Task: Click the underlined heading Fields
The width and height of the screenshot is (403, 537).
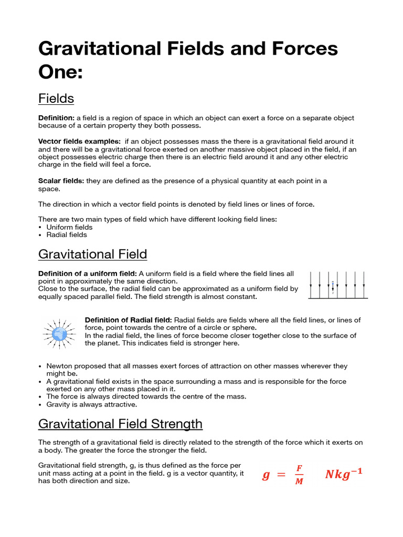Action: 56,98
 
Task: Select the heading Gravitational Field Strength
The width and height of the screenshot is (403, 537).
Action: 120,423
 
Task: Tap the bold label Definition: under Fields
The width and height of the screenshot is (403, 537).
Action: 57,118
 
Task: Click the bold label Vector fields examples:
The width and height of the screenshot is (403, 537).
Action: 79,142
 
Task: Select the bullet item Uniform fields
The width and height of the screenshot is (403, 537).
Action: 69,227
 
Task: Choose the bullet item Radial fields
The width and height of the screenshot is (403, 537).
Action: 67,235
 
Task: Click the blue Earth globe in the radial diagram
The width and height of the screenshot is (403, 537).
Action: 59,333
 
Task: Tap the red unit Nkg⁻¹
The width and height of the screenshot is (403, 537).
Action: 343,475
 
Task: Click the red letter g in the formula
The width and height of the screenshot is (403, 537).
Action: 266,475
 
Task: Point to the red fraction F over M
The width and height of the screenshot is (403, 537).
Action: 299,475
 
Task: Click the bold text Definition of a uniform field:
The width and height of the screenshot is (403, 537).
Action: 88,274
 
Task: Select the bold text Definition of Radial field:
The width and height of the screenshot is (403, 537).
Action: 128,320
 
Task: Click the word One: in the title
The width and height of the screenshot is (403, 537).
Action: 60,72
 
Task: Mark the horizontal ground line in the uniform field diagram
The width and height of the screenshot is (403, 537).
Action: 337,298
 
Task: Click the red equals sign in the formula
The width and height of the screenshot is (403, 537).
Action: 282,475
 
